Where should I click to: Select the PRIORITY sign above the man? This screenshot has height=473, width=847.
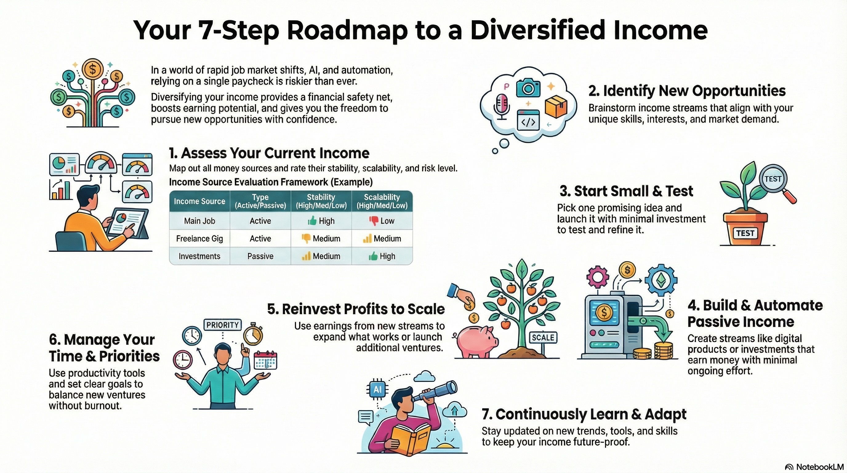pos(222,325)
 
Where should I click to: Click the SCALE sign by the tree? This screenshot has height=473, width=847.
pos(543,338)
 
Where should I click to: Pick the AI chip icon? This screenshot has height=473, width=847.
pos(377,390)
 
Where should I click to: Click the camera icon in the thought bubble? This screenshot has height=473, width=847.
pos(528,87)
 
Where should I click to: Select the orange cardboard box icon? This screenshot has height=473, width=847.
pos(556,106)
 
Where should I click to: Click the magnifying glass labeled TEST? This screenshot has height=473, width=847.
pos(773,180)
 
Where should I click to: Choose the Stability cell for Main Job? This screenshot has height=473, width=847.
pos(321,221)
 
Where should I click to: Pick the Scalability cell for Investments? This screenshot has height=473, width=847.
pos(382,256)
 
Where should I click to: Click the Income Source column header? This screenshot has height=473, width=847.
pos(199,201)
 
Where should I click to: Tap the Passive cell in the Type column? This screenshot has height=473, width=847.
pos(260,256)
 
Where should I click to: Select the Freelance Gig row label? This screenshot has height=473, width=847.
pos(199,238)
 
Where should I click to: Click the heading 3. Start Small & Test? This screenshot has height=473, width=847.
pos(626,191)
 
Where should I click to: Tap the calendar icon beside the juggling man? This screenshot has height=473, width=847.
pos(266,360)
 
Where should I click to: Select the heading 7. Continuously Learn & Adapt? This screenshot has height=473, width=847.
pos(584,414)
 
